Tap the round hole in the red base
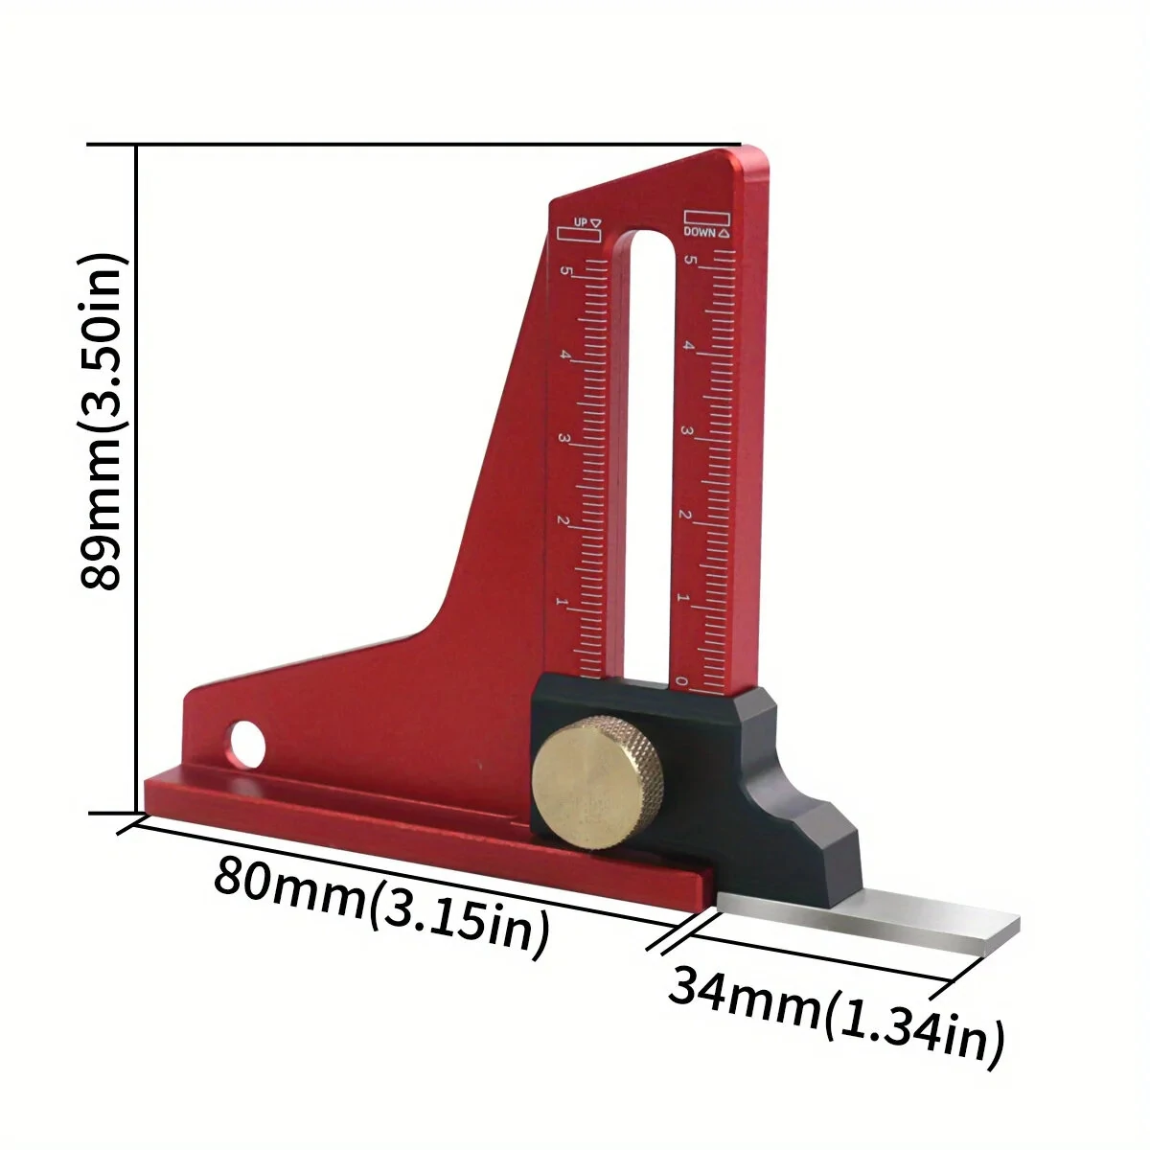click(247, 742)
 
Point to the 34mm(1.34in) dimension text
click(836, 1012)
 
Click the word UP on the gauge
click(579, 222)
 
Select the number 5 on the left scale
click(565, 272)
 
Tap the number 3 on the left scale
click(563, 440)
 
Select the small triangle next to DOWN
click(723, 233)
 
